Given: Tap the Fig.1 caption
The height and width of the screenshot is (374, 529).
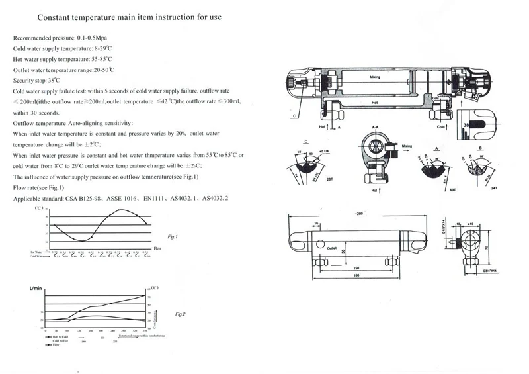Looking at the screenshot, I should (174, 236).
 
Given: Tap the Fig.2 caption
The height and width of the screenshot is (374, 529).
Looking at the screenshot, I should (179, 314).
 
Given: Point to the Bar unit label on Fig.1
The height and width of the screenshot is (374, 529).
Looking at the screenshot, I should (157, 248).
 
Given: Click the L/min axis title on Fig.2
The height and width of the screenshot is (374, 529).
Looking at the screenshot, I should (36, 289).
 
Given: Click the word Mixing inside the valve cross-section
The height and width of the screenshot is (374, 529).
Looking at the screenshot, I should (374, 77).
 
